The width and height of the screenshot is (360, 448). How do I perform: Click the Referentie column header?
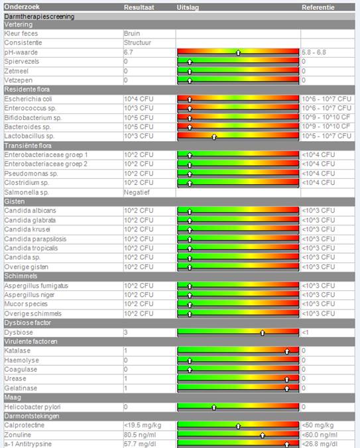pyautogui.click(x=318, y=7)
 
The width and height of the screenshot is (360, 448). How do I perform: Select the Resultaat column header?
pyautogui.click(x=139, y=7)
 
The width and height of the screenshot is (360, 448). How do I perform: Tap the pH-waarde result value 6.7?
pyautogui.click(x=128, y=52)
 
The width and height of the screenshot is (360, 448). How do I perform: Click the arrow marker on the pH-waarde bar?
pyautogui.click(x=238, y=52)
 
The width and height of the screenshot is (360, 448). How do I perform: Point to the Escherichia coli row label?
pyautogui.click(x=28, y=99)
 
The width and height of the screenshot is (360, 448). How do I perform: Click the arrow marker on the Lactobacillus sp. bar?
pyautogui.click(x=214, y=137)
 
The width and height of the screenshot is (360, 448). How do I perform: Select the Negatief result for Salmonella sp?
pyautogui.click(x=137, y=192)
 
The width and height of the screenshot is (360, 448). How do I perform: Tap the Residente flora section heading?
pyautogui.click(x=27, y=89)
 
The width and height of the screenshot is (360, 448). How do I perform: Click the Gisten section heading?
pyautogui.click(x=15, y=201)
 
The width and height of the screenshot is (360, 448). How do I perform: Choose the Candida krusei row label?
pyautogui.click(x=27, y=229)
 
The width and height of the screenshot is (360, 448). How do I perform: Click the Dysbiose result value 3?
pyautogui.click(x=126, y=332)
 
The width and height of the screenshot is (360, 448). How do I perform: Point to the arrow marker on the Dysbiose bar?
pyautogui.click(x=263, y=333)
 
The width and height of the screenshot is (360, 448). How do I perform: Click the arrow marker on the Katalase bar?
pyautogui.click(x=287, y=351)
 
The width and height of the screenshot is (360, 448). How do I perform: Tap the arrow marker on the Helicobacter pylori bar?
pyautogui.click(x=214, y=408)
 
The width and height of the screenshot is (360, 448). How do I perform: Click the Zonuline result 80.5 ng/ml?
pyautogui.click(x=140, y=435)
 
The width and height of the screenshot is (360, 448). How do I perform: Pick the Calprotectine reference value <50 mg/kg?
pyautogui.click(x=318, y=425)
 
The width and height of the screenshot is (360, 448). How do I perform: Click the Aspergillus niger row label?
pyautogui.click(x=29, y=295)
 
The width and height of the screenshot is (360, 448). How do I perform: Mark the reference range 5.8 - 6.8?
pyautogui.click(x=314, y=52)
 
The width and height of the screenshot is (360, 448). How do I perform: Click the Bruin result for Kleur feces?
pyautogui.click(x=132, y=33)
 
